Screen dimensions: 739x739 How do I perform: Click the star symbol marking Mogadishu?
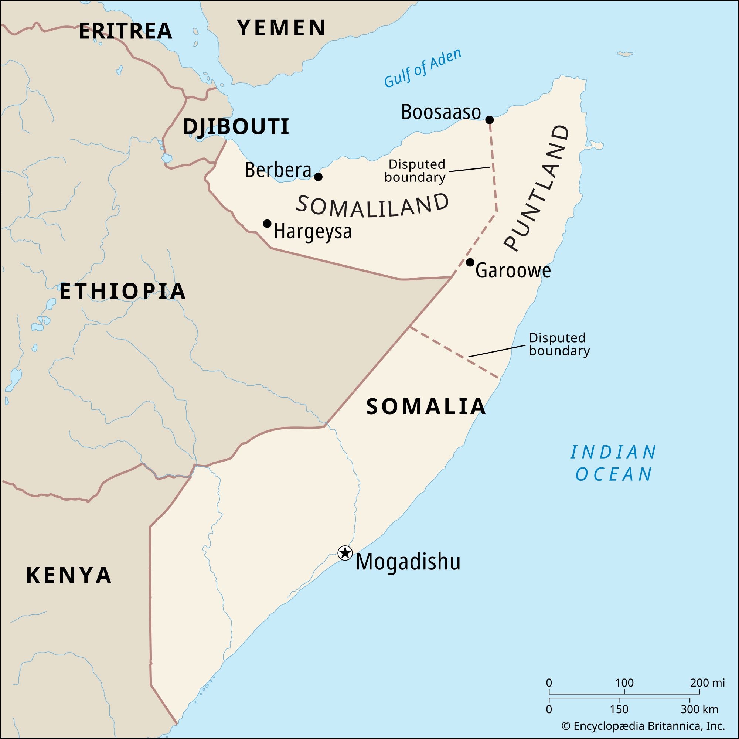(x=345, y=553)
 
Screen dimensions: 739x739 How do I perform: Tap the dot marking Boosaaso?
(x=489, y=120)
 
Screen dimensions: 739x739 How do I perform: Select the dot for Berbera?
(x=318, y=177)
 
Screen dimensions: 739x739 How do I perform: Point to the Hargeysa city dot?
(x=268, y=224)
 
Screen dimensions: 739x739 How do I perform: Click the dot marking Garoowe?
(x=470, y=262)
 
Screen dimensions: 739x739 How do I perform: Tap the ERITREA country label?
(x=125, y=31)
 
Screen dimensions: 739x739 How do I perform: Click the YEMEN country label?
(x=281, y=28)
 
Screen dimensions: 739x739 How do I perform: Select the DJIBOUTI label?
(x=236, y=127)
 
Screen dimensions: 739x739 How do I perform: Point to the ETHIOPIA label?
(x=123, y=291)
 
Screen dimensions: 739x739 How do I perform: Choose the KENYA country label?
(x=69, y=575)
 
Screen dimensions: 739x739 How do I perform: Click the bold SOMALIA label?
(x=426, y=406)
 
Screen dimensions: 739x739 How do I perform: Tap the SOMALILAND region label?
(x=372, y=205)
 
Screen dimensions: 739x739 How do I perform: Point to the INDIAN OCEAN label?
(x=613, y=463)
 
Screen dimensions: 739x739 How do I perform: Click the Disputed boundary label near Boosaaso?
(x=415, y=171)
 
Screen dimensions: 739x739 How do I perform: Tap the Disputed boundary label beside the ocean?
(x=559, y=344)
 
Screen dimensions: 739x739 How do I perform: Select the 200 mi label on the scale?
(x=707, y=682)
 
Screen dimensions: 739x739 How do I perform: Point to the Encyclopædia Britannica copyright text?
(x=643, y=726)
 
